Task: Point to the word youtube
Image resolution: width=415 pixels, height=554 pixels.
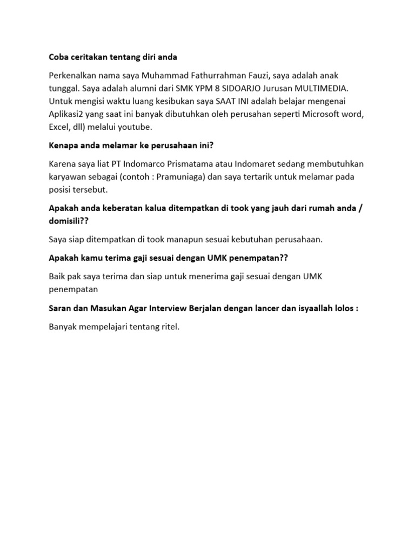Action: click(x=137, y=127)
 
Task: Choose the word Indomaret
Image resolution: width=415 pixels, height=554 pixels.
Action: click(x=270, y=163)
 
